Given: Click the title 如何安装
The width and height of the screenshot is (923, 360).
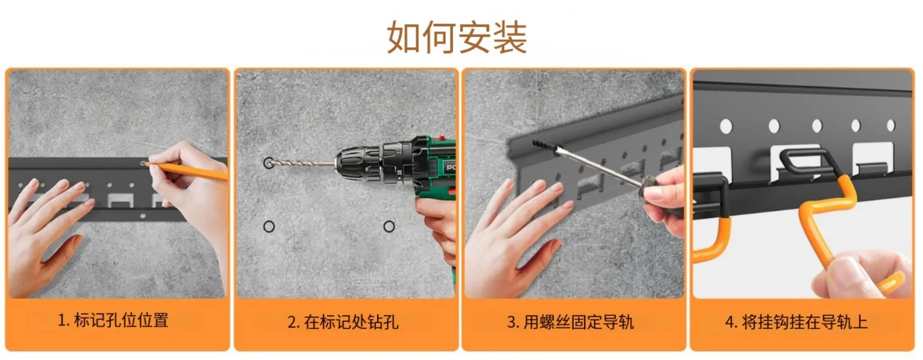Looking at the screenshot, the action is [x=457, y=37].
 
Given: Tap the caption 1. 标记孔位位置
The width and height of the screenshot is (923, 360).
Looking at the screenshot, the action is [x=113, y=320].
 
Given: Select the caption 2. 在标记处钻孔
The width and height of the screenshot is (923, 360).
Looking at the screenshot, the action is [x=343, y=322].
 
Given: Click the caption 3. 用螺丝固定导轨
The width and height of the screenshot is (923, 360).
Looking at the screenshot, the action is [x=571, y=322].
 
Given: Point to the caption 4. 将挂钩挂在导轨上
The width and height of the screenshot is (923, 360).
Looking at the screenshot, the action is [x=796, y=322].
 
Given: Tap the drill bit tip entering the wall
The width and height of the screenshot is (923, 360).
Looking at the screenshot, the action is [x=267, y=162].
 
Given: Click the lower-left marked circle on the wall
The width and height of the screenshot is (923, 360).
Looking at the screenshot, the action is [x=269, y=226].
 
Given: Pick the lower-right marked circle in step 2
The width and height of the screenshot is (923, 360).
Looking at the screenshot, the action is [x=389, y=226].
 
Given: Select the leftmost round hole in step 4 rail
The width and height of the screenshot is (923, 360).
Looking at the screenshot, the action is [x=726, y=126].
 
